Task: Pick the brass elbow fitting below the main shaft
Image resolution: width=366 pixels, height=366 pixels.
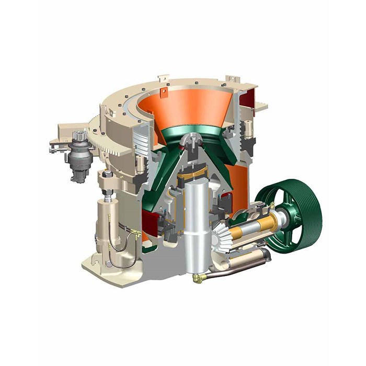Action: pos(198,278)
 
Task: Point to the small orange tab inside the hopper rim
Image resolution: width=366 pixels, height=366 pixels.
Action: pos(164,93)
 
